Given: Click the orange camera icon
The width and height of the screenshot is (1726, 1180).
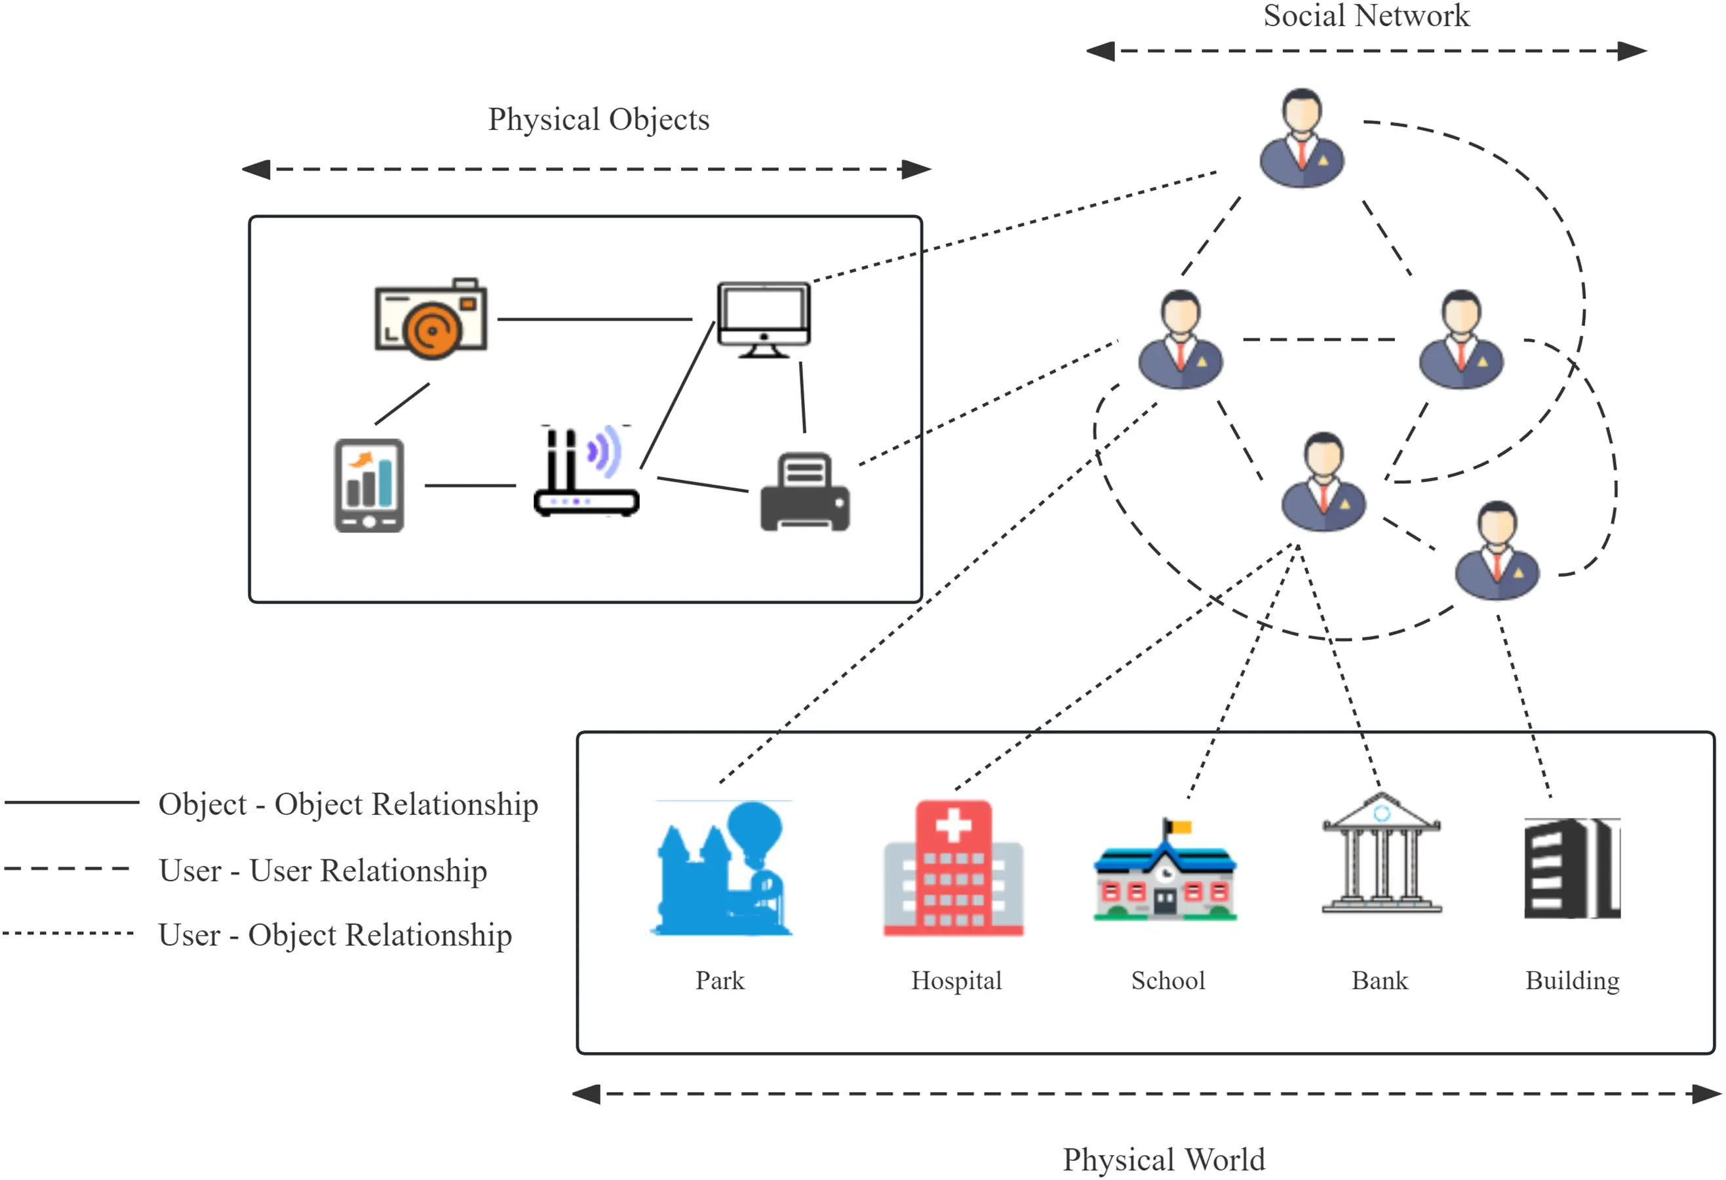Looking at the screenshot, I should point(431,319).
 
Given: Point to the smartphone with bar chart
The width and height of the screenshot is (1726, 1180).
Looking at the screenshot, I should point(369,486).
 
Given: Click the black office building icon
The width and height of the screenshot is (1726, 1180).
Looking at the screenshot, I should point(1572,868).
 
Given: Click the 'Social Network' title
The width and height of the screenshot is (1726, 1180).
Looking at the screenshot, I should point(1367,16).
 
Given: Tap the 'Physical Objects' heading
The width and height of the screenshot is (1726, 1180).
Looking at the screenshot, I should point(598,119).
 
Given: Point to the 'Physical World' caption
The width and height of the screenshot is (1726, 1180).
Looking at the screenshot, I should point(1164,1159).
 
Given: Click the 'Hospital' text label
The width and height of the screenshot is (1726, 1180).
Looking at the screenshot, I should point(956,980).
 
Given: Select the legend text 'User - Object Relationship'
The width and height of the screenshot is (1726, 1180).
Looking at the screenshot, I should point(335,935).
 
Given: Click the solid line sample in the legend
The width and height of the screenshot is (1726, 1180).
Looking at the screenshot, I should point(72,802).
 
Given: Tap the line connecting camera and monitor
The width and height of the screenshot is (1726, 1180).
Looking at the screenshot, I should point(594,319).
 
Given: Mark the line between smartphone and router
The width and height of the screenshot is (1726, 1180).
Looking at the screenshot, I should point(470,486).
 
